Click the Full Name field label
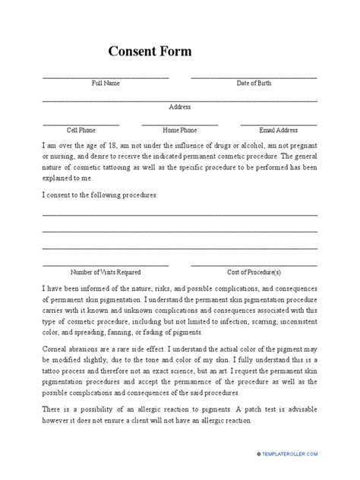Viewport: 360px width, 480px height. click(x=106, y=83)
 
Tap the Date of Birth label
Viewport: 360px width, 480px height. click(x=254, y=83)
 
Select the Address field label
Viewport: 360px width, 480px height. click(x=180, y=107)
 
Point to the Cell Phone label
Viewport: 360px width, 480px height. click(x=81, y=130)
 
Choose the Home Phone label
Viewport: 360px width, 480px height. click(x=180, y=130)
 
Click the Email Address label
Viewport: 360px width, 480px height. click(x=278, y=130)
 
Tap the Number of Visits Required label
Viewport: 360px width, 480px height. click(x=106, y=271)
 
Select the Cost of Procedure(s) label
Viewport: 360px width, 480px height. click(x=254, y=271)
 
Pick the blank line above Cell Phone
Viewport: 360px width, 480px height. click(x=81, y=124)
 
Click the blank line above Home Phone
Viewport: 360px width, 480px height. click(x=180, y=124)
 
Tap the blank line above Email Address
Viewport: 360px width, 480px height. click(x=278, y=124)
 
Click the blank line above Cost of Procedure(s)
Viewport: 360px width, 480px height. click(x=254, y=265)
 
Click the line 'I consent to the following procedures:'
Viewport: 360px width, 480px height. click(x=99, y=195)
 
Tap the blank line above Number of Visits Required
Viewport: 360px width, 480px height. click(x=106, y=265)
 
